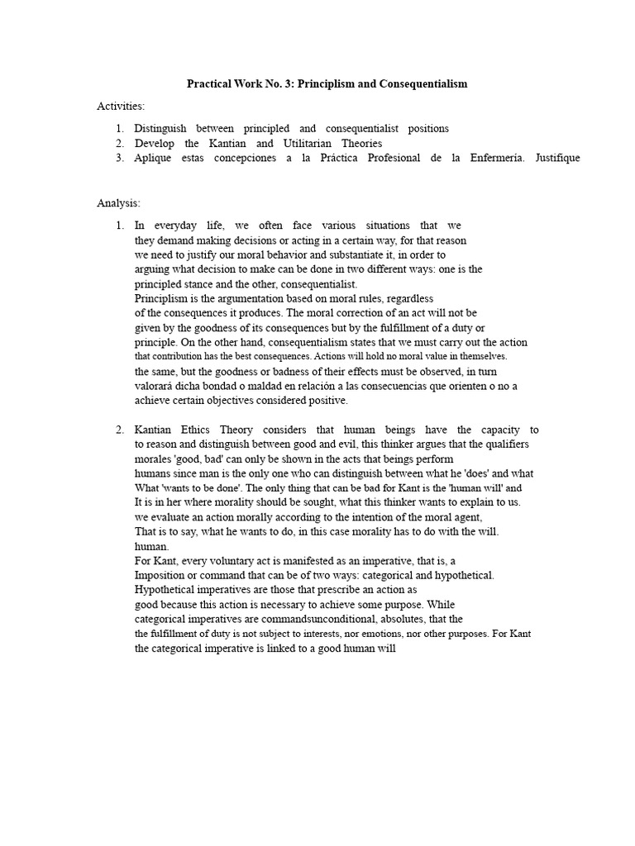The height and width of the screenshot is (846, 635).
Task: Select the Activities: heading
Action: [121, 106]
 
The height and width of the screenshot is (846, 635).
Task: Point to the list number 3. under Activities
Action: [120, 158]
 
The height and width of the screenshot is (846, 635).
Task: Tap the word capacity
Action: [499, 430]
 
